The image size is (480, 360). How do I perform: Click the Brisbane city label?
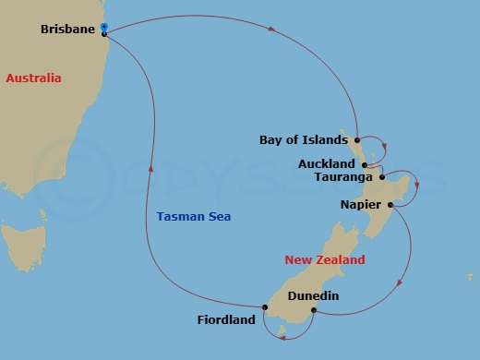[x=68, y=30]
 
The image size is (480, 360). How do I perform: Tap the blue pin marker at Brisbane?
[x=104, y=28]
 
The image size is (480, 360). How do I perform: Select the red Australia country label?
[x=33, y=78]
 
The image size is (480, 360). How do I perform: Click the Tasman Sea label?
[x=194, y=217]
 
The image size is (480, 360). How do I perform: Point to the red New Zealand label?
[x=325, y=260]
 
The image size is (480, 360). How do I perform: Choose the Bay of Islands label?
[x=304, y=140]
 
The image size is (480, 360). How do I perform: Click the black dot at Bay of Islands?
[x=357, y=141]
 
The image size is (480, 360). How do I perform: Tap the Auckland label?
[x=327, y=163]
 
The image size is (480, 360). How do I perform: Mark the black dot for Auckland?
[x=366, y=164]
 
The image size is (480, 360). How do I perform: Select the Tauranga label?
[x=343, y=176]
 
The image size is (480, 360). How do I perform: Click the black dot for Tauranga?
[x=381, y=176]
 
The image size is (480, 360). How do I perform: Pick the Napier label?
[x=360, y=206]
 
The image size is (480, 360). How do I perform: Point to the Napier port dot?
[x=390, y=205]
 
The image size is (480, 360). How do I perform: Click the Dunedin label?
[x=314, y=296]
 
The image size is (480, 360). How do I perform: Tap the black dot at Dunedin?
[x=314, y=310]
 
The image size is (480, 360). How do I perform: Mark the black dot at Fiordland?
[x=264, y=307]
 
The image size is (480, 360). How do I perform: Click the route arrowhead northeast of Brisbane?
[x=272, y=30]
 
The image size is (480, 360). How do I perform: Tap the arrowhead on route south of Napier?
[x=397, y=284]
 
